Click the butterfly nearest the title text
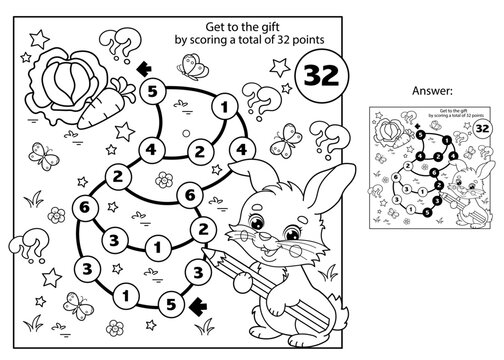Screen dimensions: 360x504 coord(187,64)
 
